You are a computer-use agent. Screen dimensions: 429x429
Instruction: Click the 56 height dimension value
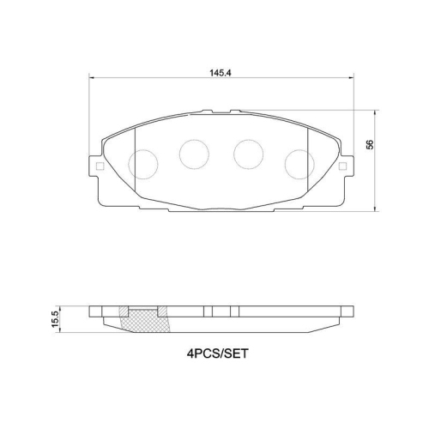click(x=370, y=144)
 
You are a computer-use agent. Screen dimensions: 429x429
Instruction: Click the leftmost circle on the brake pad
click(x=142, y=162)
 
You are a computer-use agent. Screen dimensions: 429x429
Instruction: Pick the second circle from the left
click(x=194, y=154)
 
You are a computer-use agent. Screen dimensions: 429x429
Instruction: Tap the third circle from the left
click(x=249, y=154)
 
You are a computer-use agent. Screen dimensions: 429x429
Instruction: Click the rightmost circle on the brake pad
click(x=299, y=162)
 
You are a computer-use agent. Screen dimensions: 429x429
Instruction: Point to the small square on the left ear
click(x=98, y=166)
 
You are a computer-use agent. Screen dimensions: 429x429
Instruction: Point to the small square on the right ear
click(x=344, y=166)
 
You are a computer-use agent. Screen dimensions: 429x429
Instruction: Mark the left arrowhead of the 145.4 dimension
click(x=92, y=79)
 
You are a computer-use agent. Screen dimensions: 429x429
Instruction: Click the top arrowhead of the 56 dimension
click(x=379, y=112)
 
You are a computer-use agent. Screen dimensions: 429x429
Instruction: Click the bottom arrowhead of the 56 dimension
click(x=379, y=209)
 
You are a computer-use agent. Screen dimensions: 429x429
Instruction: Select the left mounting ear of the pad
click(x=97, y=169)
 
